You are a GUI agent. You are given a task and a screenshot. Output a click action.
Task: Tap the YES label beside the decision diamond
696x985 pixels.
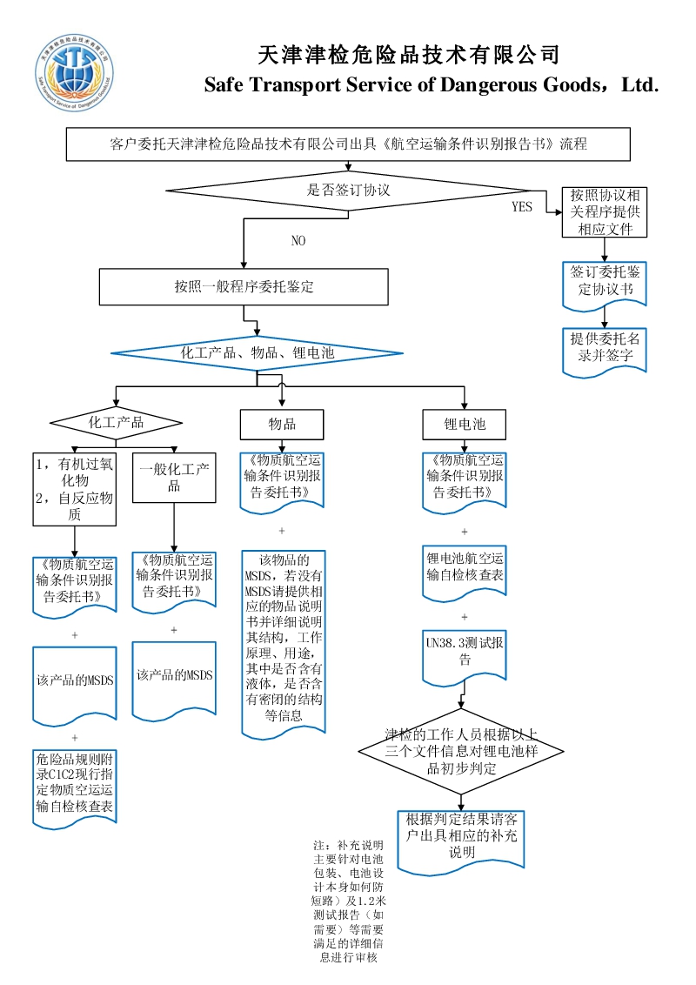[522, 207]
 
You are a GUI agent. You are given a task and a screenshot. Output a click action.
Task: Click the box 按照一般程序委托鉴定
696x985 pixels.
[244, 286]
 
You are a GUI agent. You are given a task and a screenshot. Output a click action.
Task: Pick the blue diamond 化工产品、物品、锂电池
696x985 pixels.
[257, 353]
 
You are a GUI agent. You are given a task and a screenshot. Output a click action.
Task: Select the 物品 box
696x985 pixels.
[282, 424]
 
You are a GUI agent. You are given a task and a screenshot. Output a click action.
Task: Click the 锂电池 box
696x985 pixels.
[465, 424]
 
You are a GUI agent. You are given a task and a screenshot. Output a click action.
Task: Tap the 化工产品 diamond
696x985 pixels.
[116, 423]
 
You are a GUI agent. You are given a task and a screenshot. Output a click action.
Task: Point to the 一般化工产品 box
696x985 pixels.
[174, 477]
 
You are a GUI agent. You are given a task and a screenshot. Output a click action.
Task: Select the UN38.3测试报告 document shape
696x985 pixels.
[465, 654]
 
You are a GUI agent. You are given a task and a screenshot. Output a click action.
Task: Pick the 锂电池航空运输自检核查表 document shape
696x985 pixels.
[465, 570]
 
